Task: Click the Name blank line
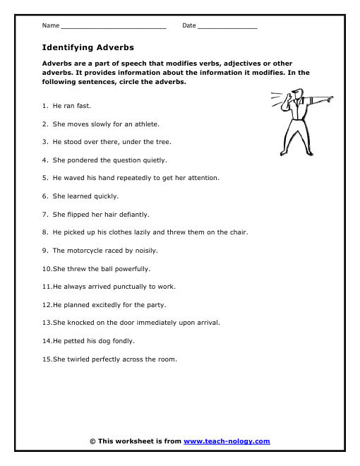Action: [113, 27]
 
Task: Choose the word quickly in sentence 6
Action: [106, 196]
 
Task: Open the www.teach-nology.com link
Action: [227, 441]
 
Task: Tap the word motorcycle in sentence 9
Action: [85, 251]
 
